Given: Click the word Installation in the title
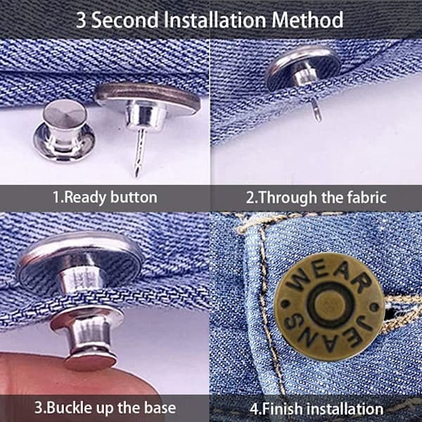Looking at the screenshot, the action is (215, 20).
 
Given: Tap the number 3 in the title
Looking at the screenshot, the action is (81, 20).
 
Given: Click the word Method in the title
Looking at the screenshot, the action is (307, 20).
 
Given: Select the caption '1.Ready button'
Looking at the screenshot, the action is (105, 197).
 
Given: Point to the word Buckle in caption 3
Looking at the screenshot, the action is (68, 408).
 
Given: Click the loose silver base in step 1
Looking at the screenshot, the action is (64, 131).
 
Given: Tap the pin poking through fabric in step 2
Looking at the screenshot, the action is (316, 110).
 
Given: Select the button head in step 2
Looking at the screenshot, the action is (303, 68).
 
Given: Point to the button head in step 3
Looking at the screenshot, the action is (80, 258).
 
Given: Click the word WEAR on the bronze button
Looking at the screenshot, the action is (329, 277).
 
